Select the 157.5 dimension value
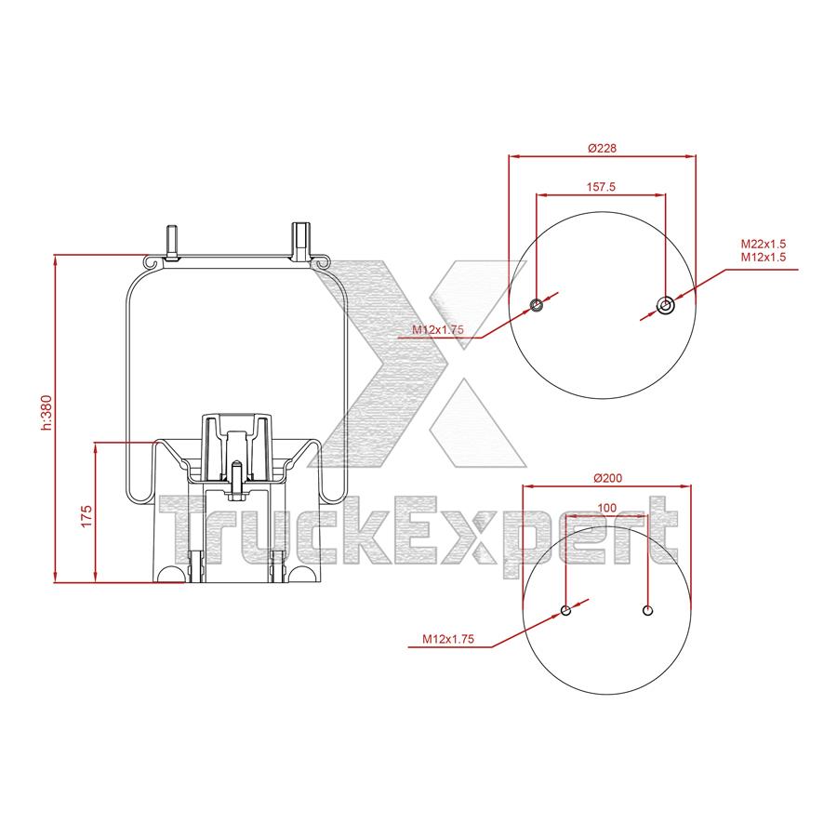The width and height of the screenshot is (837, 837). tap(602, 187)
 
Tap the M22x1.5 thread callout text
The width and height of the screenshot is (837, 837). tap(764, 244)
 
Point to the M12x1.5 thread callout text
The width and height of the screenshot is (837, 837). tap(764, 257)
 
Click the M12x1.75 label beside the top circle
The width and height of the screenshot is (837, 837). tap(438, 330)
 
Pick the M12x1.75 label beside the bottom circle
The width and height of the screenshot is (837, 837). tap(448, 639)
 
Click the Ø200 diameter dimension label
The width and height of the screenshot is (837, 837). tap(606, 478)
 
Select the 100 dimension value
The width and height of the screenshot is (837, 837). tap(606, 508)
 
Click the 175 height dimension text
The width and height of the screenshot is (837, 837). tap(85, 516)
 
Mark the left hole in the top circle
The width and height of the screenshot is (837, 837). tap(537, 306)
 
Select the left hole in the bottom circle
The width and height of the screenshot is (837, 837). tap(565, 610)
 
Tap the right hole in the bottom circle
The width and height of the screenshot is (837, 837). tap(649, 610)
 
